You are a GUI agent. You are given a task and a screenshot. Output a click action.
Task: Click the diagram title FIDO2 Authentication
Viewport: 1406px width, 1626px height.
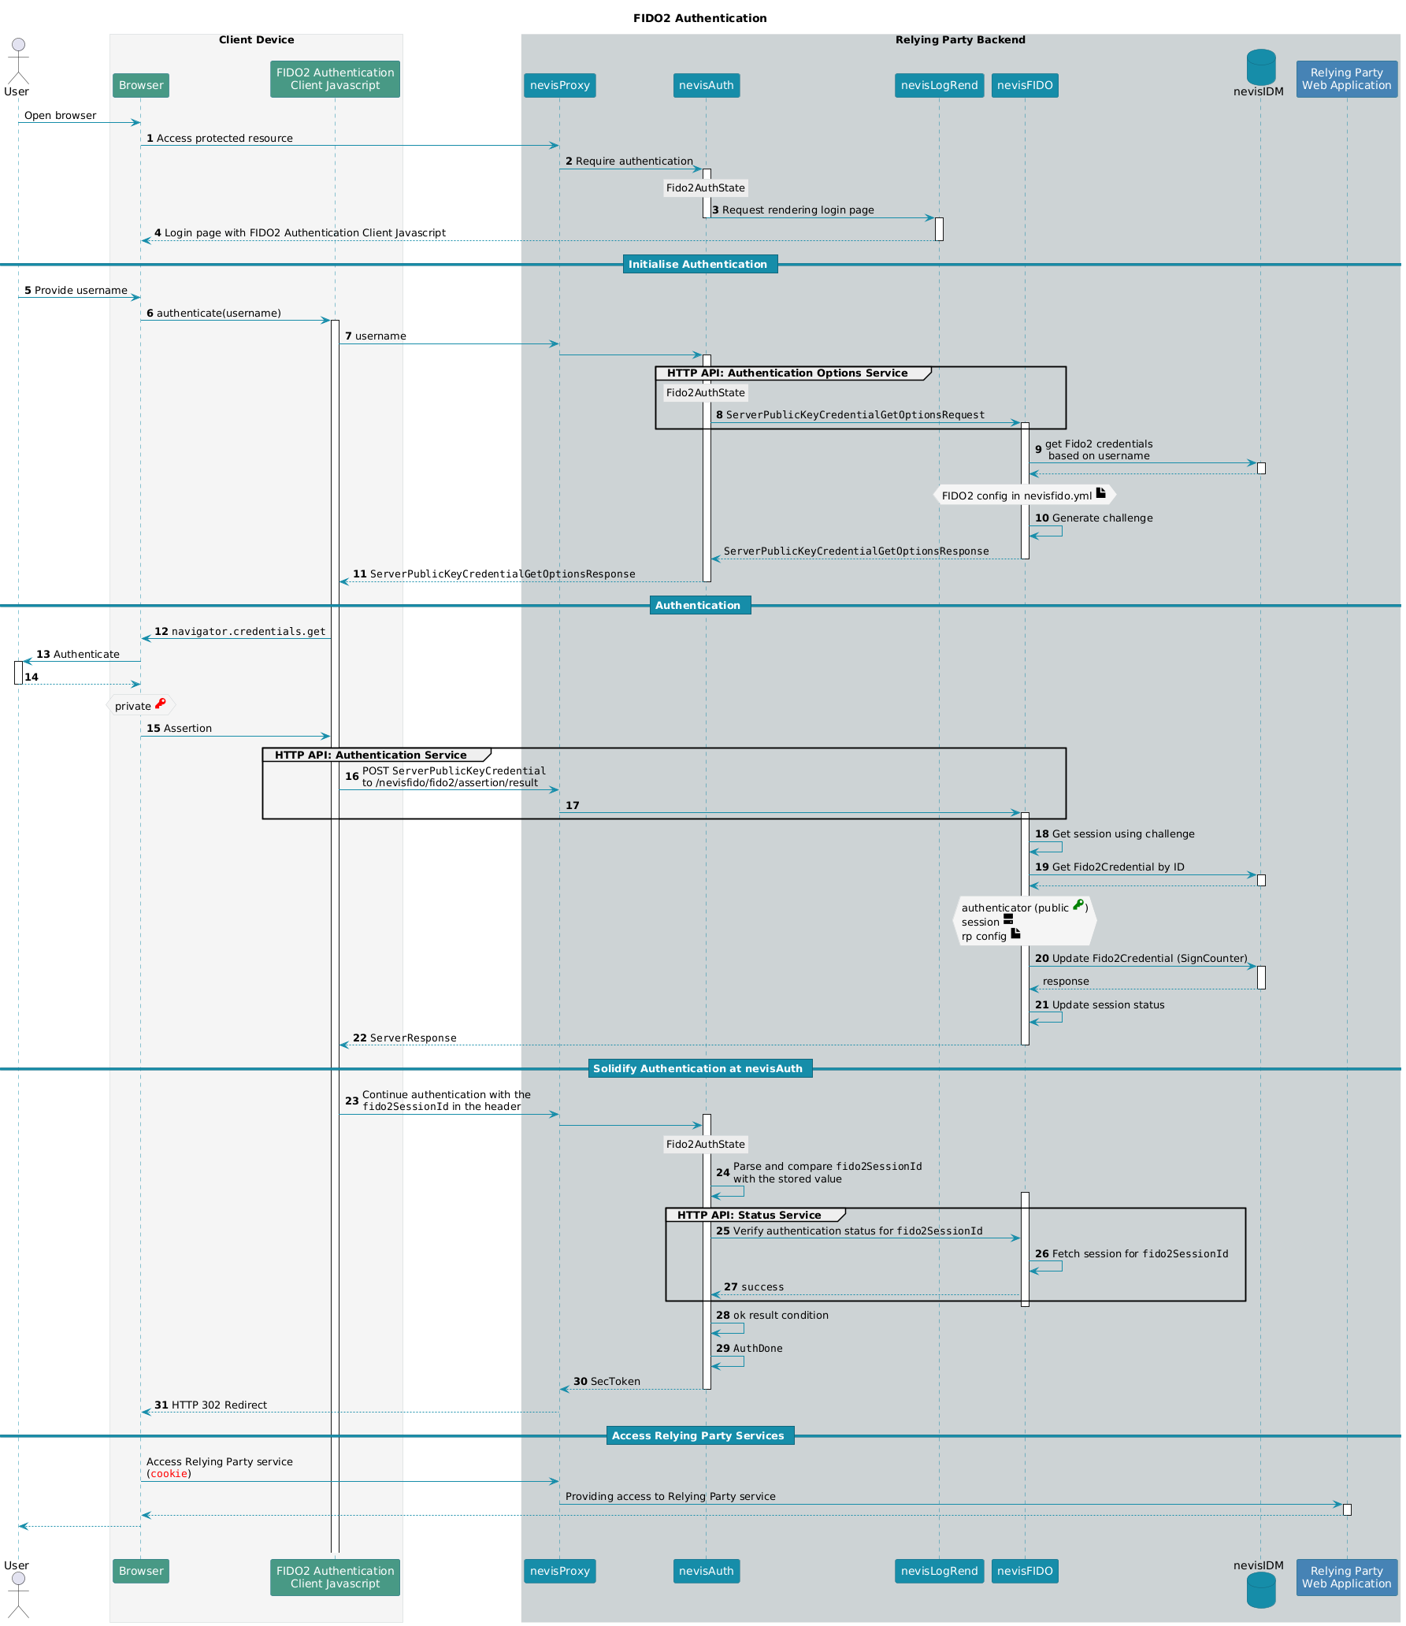699,18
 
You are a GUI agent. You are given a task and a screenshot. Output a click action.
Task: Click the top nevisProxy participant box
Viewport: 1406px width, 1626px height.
559,85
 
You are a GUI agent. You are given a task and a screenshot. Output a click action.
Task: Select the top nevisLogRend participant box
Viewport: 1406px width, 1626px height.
939,85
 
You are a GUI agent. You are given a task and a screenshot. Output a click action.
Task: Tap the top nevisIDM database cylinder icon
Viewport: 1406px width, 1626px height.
1261,67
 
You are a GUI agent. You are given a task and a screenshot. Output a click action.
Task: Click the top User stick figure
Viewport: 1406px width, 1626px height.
17,61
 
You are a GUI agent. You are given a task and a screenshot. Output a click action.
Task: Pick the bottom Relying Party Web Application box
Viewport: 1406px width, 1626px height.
1346,1577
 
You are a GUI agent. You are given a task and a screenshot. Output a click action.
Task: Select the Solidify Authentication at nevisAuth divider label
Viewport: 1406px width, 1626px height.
699,1068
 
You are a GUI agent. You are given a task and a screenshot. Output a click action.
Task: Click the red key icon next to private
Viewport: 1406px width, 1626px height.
160,703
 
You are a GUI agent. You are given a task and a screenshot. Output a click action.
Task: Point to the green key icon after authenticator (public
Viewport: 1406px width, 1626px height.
1078,905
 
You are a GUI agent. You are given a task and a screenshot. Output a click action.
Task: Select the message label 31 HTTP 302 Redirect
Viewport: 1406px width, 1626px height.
210,1405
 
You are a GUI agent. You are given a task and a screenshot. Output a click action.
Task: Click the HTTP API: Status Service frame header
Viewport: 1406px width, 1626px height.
749,1215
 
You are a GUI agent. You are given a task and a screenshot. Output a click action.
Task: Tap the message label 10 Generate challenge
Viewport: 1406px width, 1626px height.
1093,518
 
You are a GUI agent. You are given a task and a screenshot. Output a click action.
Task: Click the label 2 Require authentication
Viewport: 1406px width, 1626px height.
629,161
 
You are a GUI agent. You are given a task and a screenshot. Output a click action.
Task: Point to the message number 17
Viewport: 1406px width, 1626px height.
573,805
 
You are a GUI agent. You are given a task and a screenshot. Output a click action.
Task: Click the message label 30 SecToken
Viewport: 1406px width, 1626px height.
607,1381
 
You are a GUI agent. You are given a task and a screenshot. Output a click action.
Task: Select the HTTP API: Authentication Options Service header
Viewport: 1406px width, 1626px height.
787,373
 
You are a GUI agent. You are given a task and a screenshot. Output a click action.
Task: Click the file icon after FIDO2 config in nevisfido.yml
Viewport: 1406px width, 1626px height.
1101,493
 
